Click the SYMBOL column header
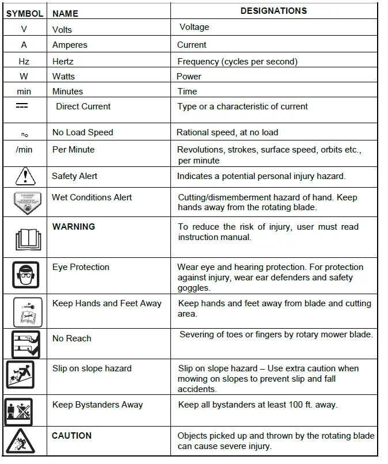click(24, 13)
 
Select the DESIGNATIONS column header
click(273, 11)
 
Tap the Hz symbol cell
click(24, 61)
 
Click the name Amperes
click(70, 45)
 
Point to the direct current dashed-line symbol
click(22, 106)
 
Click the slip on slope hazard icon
click(21, 374)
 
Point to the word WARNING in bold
click(74, 226)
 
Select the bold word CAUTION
click(72, 436)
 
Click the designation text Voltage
click(194, 27)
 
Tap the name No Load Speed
click(83, 132)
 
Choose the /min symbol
click(24, 150)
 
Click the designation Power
click(189, 76)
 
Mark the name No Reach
click(72, 339)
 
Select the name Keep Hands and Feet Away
click(107, 303)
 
